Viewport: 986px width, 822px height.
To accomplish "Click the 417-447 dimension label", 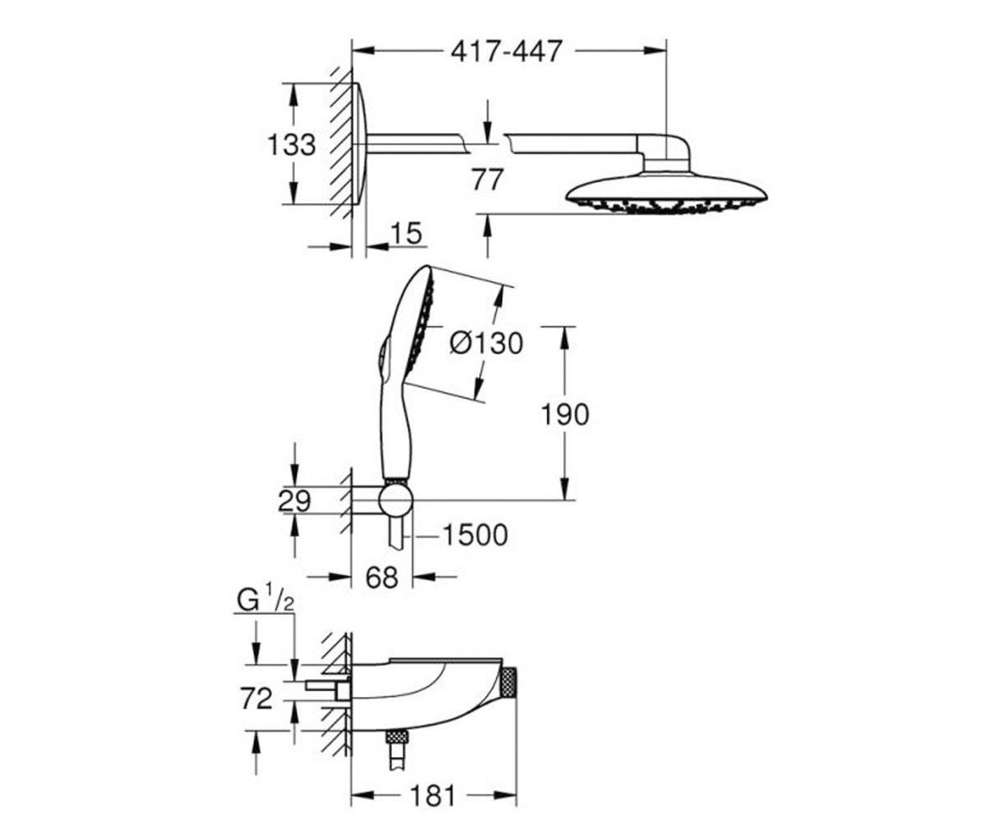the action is (x=506, y=51).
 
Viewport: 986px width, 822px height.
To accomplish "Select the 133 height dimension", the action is (x=292, y=145).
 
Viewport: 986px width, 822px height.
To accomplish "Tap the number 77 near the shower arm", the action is (x=487, y=179).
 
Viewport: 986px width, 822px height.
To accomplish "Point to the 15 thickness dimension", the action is (x=406, y=233).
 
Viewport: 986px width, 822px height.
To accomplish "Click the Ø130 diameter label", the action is (x=486, y=343).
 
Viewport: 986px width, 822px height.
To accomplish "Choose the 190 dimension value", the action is (x=564, y=414).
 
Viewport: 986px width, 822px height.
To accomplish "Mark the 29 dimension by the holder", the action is (x=294, y=501).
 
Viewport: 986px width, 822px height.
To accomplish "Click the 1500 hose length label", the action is (x=475, y=535).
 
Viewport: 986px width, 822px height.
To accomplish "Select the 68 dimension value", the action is (x=381, y=577).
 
